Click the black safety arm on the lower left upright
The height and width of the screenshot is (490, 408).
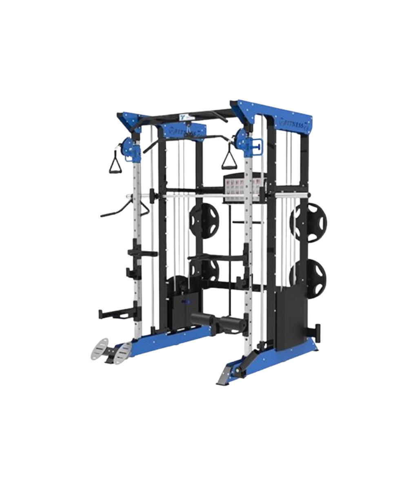pyautogui.click(x=112, y=314)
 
